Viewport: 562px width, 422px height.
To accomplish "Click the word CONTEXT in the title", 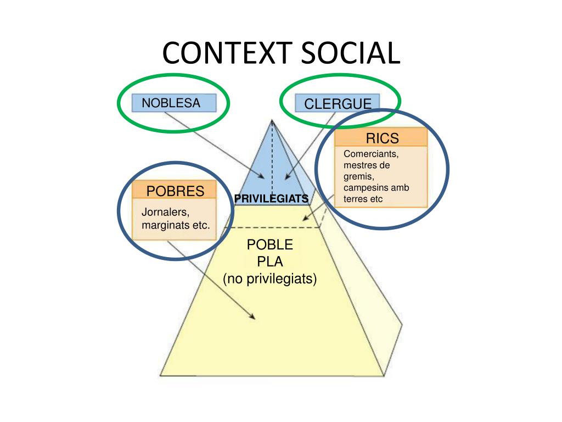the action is (x=227, y=53).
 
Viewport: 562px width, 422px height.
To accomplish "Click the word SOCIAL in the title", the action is (x=350, y=53).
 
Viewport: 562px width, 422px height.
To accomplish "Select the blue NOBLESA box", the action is (x=174, y=103).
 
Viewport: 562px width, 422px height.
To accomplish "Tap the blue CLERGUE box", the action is (x=338, y=103).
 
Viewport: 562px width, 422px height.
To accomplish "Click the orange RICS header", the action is (x=381, y=137).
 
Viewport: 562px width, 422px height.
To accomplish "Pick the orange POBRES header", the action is (x=174, y=190).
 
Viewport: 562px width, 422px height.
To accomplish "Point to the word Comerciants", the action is (x=371, y=154).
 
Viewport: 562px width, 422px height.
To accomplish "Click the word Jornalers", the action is (x=165, y=212).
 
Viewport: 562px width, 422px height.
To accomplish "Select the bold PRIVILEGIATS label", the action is (x=271, y=199).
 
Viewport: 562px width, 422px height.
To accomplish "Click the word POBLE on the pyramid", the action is (x=270, y=245).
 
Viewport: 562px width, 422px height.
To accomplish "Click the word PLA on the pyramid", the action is (x=270, y=262).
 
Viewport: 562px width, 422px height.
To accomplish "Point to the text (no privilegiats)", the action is (x=270, y=279).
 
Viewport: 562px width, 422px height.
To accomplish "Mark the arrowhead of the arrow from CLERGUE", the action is (x=287, y=176).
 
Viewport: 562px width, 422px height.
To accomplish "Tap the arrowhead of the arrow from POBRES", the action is (x=252, y=316).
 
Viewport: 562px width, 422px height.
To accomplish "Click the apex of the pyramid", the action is (x=272, y=120).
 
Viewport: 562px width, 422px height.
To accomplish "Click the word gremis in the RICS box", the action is (x=359, y=177).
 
